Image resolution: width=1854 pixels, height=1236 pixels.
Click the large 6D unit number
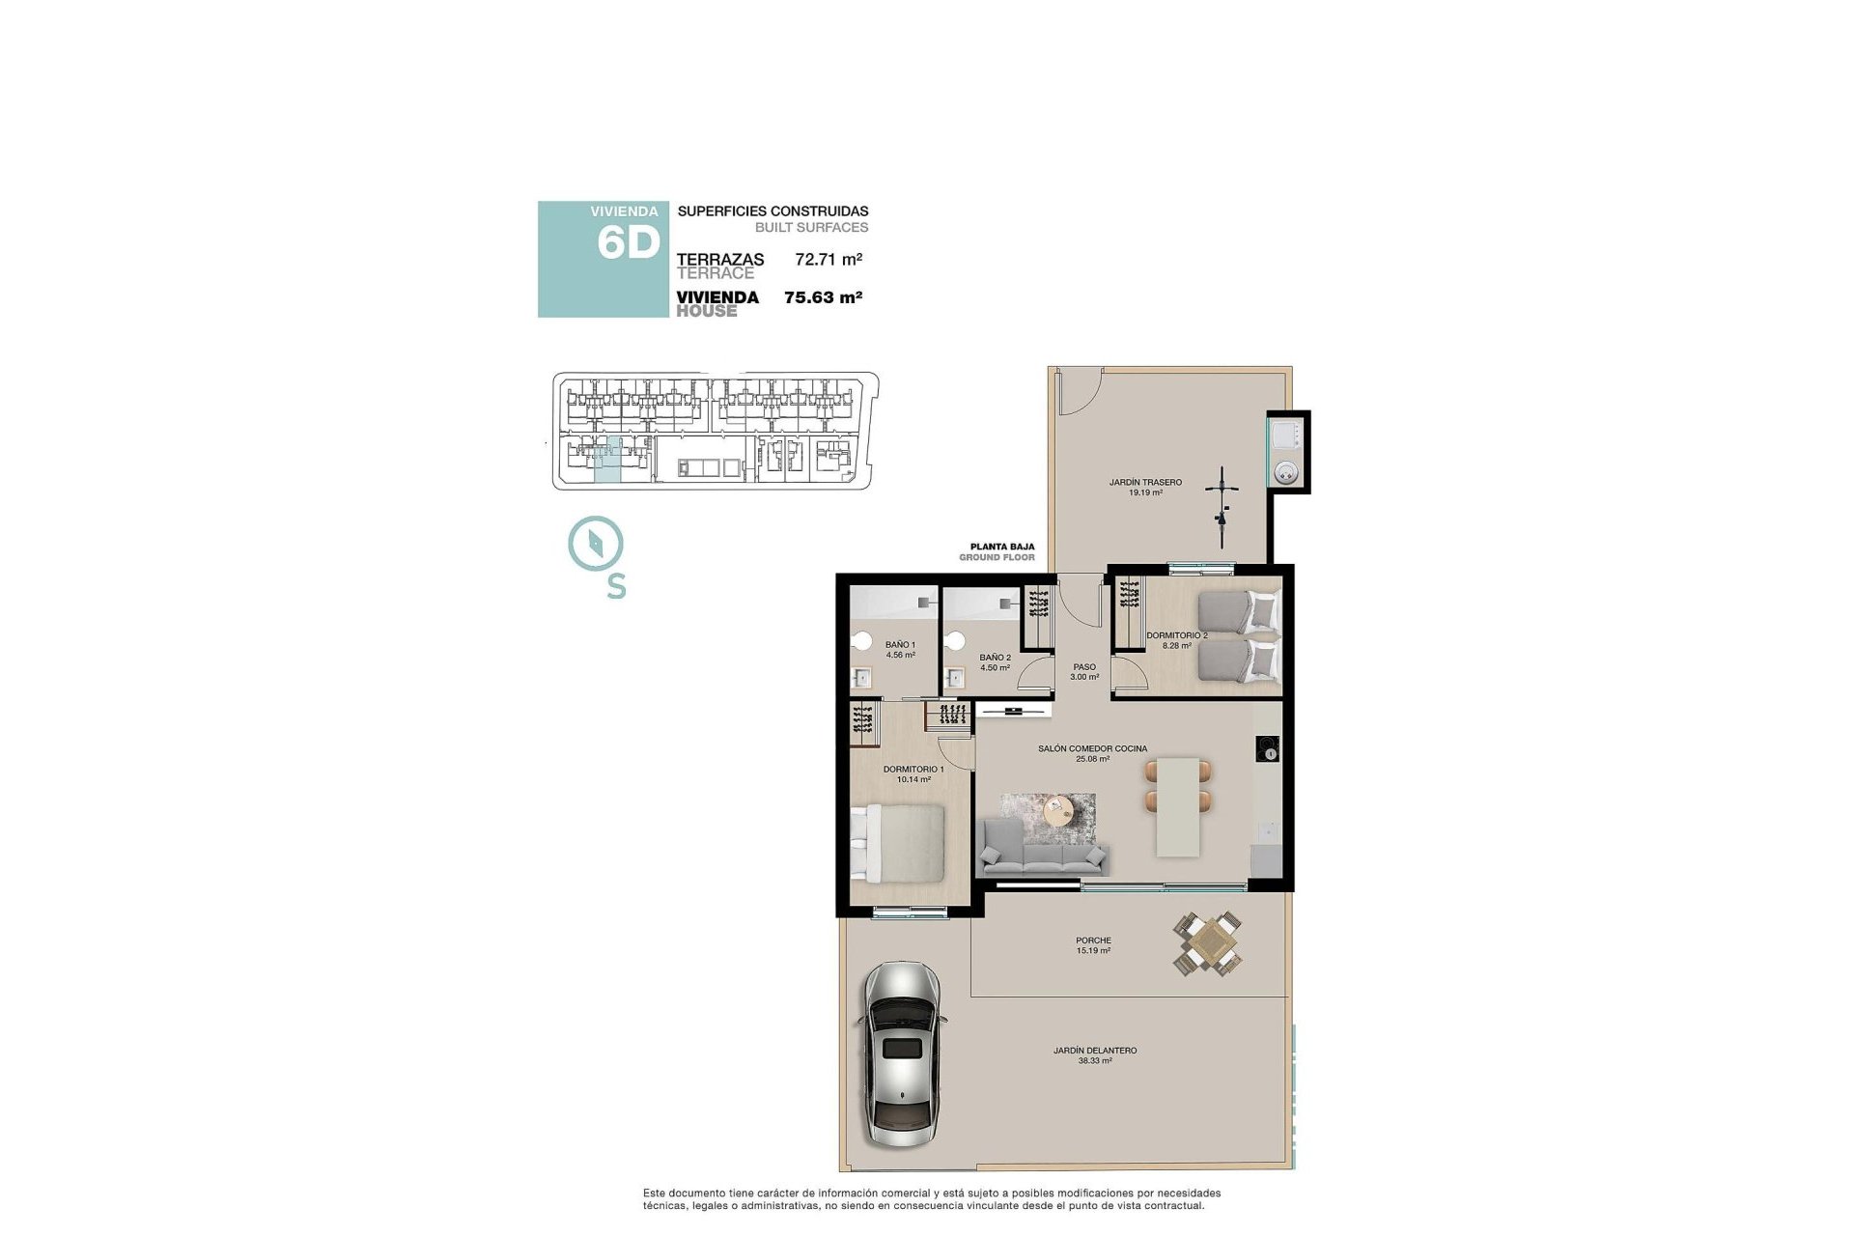tap(628, 242)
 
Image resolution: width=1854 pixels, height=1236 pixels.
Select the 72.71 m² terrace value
tap(828, 259)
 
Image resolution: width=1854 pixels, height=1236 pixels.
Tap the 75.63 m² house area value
tap(823, 297)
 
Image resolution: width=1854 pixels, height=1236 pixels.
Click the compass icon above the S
tap(596, 544)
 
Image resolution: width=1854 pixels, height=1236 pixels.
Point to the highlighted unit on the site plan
tap(607, 460)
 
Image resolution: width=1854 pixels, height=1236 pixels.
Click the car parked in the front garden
tap(902, 1053)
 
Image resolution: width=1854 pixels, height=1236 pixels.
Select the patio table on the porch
tap(1208, 941)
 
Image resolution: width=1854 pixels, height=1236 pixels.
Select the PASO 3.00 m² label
tap(1084, 671)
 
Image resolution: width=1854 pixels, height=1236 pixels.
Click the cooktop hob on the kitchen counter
tap(1267, 749)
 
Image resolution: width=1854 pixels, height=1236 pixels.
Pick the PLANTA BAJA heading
tap(1001, 547)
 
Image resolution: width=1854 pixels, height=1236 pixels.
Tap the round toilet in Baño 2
tap(956, 641)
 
